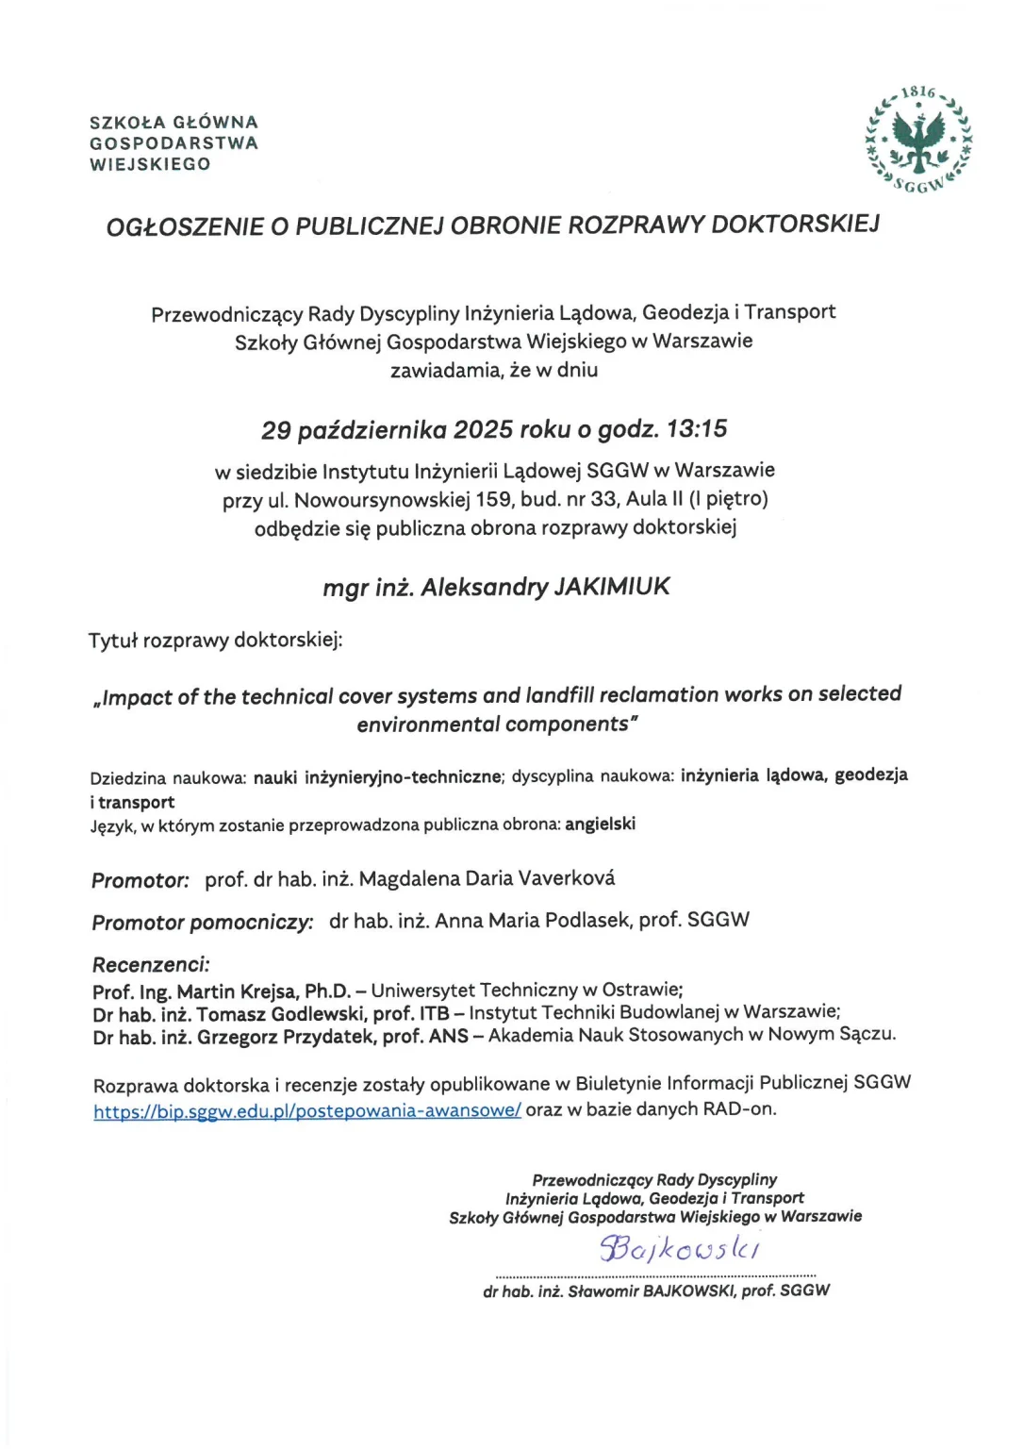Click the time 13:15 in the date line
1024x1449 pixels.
(x=697, y=429)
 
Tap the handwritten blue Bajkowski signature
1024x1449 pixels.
(x=679, y=1248)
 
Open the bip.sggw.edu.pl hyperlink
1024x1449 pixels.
(x=306, y=1110)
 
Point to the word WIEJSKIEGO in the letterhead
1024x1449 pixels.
(x=150, y=164)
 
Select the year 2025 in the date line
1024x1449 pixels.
(x=483, y=430)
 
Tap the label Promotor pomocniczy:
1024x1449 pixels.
(x=202, y=922)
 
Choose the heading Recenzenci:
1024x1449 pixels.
(x=151, y=964)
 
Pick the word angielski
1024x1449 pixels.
(x=600, y=824)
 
